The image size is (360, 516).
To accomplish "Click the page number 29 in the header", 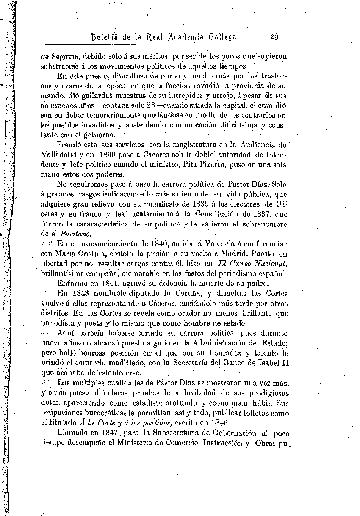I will point(274,36).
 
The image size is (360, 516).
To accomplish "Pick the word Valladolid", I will point(60,155).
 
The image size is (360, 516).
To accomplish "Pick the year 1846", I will point(218,422).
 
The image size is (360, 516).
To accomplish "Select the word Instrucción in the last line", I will point(220,443).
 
